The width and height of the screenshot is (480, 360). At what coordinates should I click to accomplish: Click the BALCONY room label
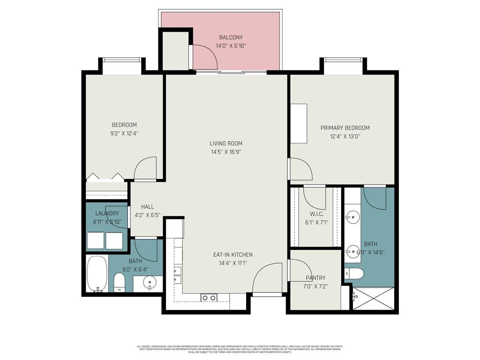(231, 37)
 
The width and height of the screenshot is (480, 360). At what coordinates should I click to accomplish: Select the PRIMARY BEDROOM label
(345, 128)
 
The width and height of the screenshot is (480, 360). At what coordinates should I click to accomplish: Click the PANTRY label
(315, 277)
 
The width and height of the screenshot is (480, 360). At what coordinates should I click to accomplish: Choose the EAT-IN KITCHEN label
(232, 255)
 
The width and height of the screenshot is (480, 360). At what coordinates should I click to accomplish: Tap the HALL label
(147, 207)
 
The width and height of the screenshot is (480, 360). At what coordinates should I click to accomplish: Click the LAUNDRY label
(107, 213)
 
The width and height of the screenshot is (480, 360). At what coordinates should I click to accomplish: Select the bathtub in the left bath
(97, 274)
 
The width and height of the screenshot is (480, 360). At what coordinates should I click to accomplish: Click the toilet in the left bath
(120, 282)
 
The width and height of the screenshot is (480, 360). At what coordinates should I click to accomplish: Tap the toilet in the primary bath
(354, 274)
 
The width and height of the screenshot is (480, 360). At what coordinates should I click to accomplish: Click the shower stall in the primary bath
(374, 298)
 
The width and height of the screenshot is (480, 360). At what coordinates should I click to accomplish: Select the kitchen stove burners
(209, 298)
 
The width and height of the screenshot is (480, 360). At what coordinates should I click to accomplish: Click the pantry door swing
(300, 270)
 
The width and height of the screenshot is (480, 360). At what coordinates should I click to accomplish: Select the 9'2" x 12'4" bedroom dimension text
(124, 133)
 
